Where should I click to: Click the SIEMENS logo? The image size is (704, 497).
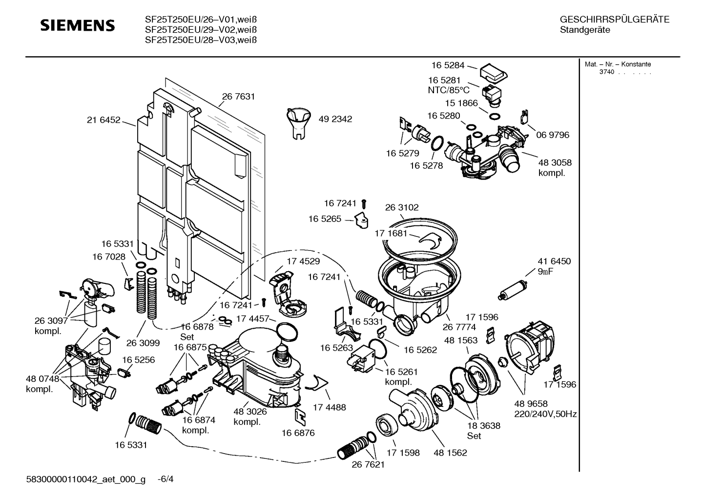click(x=77, y=25)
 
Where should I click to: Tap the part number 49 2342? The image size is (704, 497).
click(x=335, y=119)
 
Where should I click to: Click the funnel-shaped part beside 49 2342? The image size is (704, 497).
click(x=298, y=122)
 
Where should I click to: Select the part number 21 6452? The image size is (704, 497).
click(x=104, y=120)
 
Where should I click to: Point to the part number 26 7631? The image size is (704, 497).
click(x=238, y=97)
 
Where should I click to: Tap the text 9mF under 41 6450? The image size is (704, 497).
click(x=545, y=272)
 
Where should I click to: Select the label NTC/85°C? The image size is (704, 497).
click(x=448, y=90)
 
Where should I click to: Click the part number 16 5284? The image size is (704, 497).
click(x=447, y=65)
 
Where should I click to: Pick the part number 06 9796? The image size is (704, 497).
click(x=553, y=135)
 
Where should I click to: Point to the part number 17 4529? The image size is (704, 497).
click(x=303, y=261)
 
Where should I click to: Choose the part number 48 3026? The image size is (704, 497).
click(x=250, y=412)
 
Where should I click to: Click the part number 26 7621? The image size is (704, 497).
click(x=368, y=464)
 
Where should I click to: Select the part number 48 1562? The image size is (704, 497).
click(x=450, y=453)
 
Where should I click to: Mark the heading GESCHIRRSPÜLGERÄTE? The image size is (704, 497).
click(x=614, y=20)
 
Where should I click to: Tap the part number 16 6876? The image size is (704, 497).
click(x=298, y=433)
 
